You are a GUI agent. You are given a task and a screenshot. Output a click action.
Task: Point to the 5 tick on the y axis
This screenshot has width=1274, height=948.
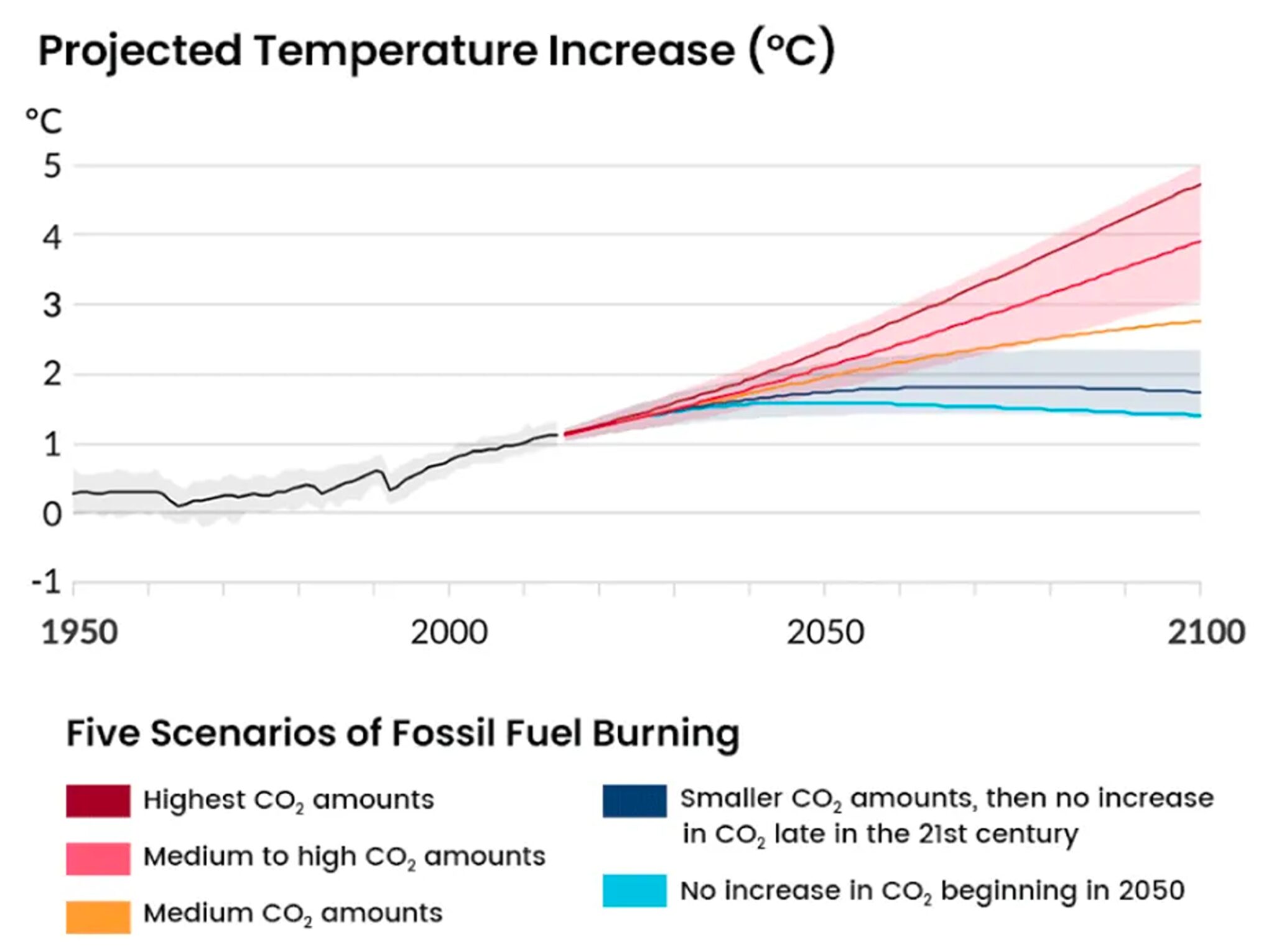click(x=53, y=167)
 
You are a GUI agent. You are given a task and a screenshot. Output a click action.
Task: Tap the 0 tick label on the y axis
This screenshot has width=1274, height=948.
click(x=53, y=514)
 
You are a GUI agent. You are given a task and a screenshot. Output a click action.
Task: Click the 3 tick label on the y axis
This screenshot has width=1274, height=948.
click(x=53, y=306)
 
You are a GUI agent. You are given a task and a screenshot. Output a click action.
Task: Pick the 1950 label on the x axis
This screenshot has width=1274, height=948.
click(x=80, y=633)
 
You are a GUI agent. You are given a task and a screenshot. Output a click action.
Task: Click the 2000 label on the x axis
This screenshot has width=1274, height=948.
click(x=449, y=633)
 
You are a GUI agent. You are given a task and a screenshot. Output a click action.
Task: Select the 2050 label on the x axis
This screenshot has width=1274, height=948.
click(x=825, y=633)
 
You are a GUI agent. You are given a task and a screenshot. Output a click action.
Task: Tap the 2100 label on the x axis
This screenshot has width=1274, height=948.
click(x=1206, y=633)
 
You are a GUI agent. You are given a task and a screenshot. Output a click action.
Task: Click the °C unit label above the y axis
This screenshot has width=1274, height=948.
click(x=44, y=121)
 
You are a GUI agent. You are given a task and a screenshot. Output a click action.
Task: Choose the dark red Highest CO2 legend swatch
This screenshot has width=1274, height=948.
click(x=98, y=801)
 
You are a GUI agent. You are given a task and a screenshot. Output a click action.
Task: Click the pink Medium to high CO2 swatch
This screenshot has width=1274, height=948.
click(x=98, y=858)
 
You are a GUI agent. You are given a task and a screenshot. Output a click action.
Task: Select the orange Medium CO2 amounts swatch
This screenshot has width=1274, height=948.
click(x=98, y=916)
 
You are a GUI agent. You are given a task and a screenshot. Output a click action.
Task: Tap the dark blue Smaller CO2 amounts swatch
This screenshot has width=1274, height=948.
click(x=635, y=801)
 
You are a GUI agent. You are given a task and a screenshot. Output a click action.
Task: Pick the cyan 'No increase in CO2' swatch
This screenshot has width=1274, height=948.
click(x=635, y=891)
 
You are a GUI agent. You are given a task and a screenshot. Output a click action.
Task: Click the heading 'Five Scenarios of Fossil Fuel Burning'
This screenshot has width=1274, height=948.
click(x=402, y=733)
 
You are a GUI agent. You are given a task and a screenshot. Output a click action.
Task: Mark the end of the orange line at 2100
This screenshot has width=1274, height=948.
click(x=1199, y=321)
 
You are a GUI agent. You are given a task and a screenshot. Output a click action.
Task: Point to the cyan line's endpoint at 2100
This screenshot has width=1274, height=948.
click(x=1199, y=416)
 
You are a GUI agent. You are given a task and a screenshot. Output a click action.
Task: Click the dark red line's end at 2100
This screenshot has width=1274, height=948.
click(x=1199, y=185)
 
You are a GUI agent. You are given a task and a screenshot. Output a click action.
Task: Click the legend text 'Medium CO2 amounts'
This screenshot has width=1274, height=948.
click(x=292, y=914)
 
